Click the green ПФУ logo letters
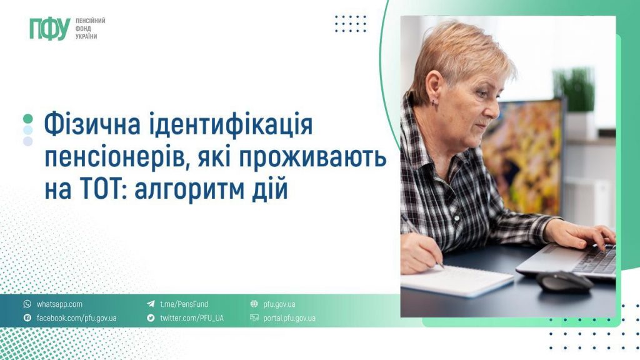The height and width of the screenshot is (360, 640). click(x=49, y=29)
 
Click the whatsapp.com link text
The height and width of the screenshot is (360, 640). click(x=59, y=304)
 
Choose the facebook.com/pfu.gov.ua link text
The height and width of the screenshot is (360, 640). click(x=76, y=318)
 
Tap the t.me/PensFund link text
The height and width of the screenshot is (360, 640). click(x=184, y=304)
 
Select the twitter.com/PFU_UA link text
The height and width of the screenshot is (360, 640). click(x=191, y=318)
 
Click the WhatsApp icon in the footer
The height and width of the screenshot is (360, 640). click(x=27, y=304)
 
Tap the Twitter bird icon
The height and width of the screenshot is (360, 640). click(x=151, y=318)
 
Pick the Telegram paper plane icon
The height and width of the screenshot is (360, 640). click(x=151, y=304)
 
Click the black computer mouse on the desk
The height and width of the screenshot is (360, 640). click(x=564, y=281)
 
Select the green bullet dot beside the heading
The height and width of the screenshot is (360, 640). click(x=27, y=119)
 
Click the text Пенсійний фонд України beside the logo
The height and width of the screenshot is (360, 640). click(x=89, y=29)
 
